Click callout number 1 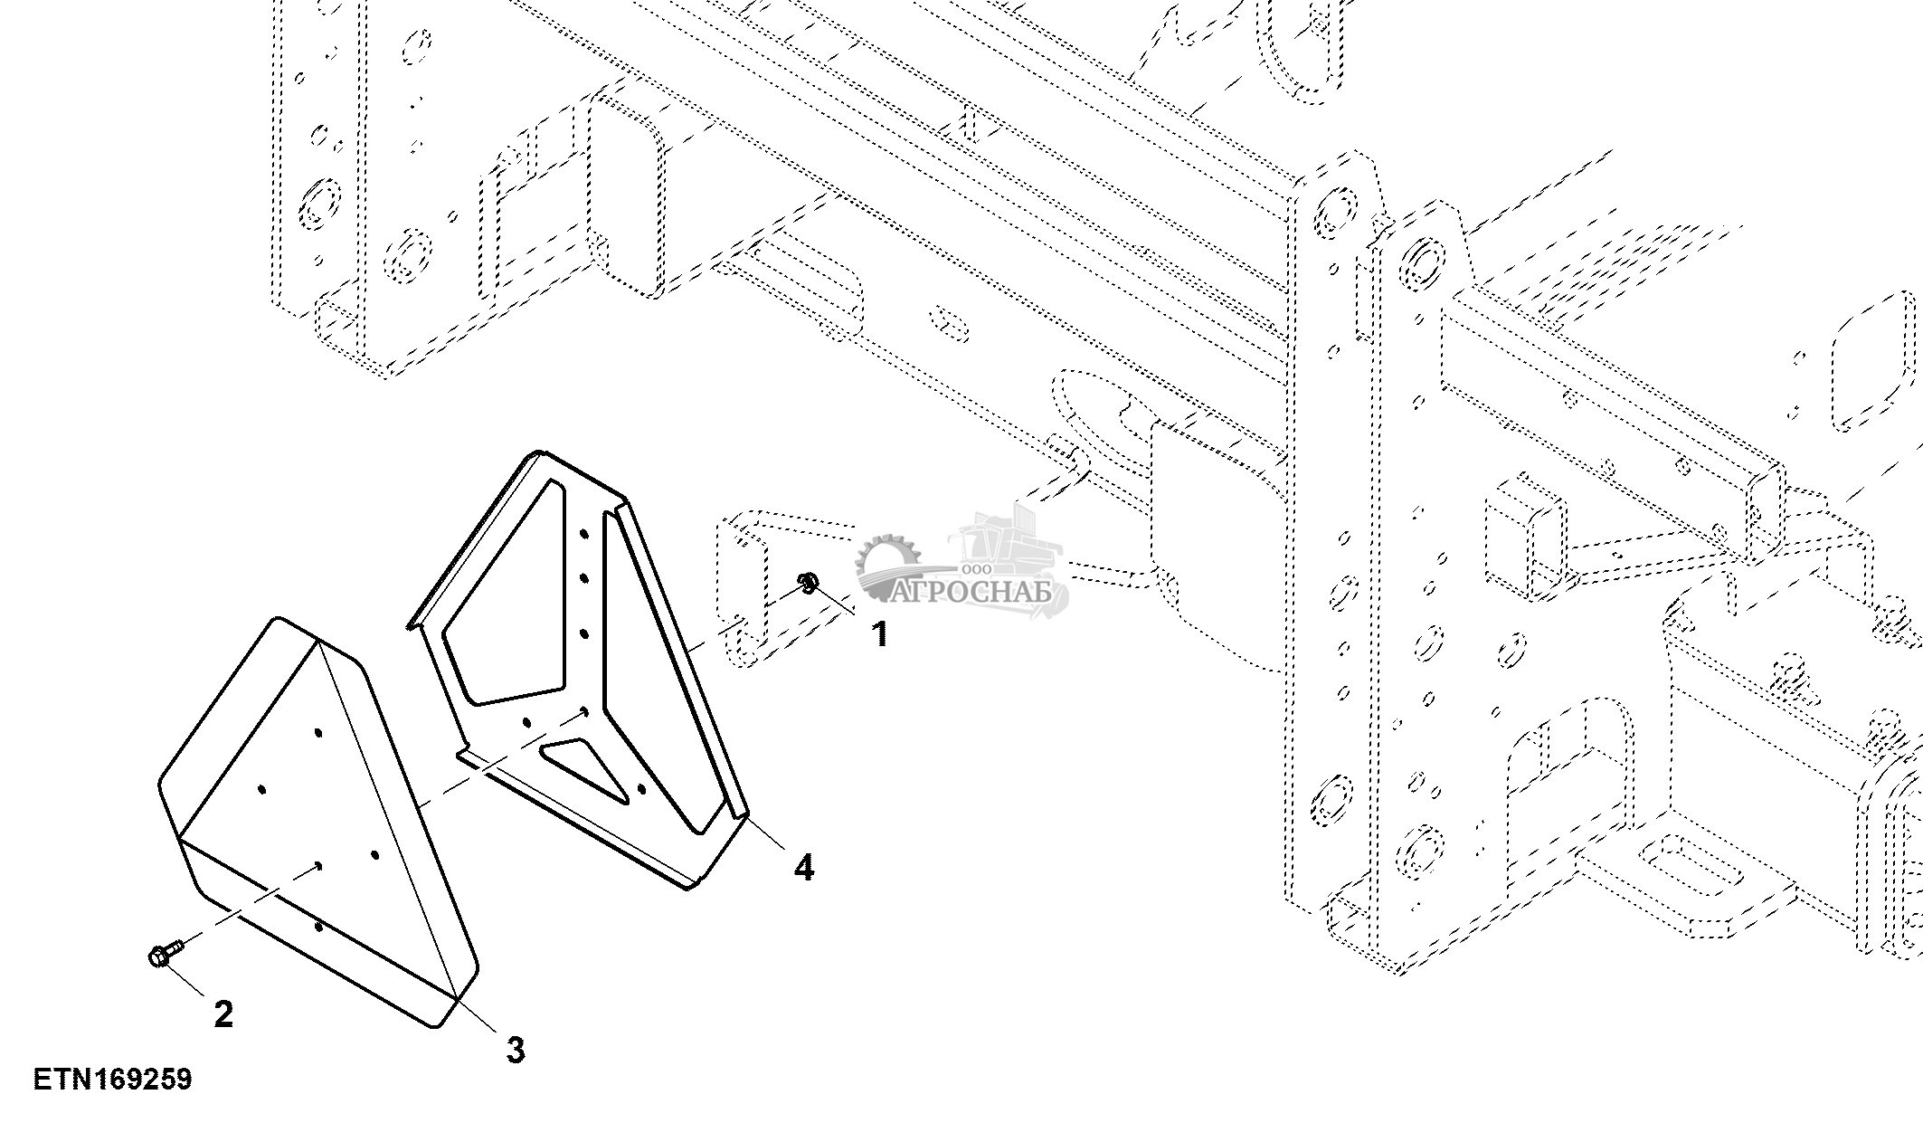879,634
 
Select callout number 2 223,1014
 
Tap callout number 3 515,1051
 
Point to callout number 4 803,868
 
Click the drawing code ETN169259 113,1080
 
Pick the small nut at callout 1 808,583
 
